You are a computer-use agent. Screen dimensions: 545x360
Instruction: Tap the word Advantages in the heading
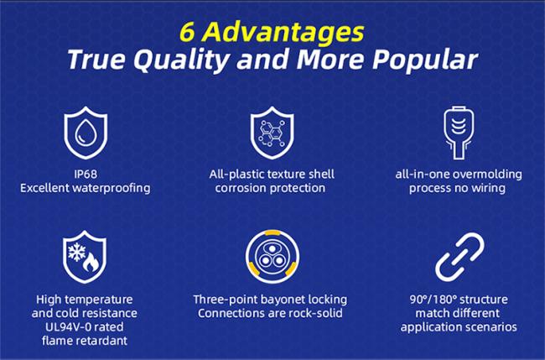click(x=283, y=34)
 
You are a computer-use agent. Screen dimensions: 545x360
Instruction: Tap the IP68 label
click(x=86, y=174)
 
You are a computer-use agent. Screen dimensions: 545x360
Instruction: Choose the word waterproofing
click(x=111, y=188)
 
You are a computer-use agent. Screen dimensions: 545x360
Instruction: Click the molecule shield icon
click(x=272, y=133)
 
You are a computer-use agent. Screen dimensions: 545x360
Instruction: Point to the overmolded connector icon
click(x=459, y=133)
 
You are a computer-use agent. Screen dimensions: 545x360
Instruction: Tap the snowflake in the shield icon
click(x=76, y=252)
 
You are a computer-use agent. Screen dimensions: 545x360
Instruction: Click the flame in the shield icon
click(x=91, y=262)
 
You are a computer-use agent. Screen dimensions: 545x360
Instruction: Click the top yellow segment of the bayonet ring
click(x=272, y=232)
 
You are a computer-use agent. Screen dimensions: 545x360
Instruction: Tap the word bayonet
click(x=283, y=300)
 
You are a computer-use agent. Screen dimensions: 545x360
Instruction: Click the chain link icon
click(x=459, y=257)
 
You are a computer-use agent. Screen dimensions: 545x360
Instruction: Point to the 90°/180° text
click(x=433, y=300)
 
